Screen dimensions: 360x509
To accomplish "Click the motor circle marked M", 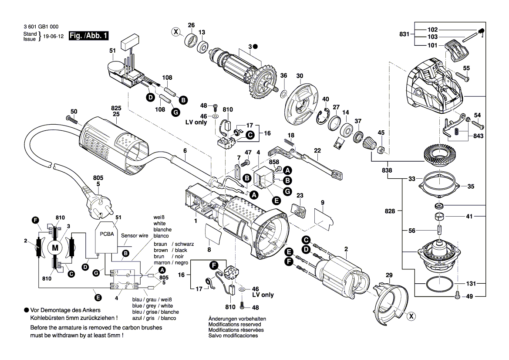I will click(55, 248).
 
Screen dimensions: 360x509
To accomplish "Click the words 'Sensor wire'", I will click(135, 235).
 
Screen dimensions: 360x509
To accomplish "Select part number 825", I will click(116, 107).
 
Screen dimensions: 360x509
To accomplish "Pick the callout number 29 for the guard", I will click(389, 275).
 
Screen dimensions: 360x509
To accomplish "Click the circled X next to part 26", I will click(176, 31).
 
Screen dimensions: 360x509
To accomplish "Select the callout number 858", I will click(274, 162).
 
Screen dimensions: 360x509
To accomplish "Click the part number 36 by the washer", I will click(283, 75).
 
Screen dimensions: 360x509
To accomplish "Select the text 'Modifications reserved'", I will click(235, 324).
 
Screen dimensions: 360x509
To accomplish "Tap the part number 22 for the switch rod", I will click(317, 150).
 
